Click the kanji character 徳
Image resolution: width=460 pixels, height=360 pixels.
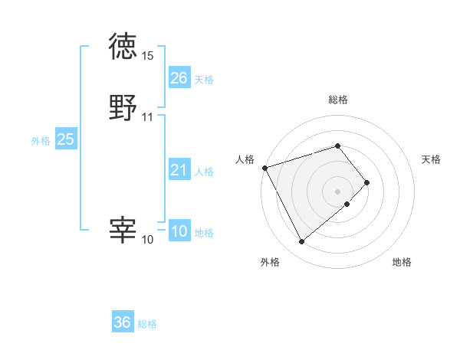123,47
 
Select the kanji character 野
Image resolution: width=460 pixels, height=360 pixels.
123,108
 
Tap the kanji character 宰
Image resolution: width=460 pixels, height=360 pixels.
123,231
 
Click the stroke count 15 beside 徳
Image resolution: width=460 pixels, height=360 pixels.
148,56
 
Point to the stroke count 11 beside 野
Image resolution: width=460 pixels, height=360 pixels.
148,117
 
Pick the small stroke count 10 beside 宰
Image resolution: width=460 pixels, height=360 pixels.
148,240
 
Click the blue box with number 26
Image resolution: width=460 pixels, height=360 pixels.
179,78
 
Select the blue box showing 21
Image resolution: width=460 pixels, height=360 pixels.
179,170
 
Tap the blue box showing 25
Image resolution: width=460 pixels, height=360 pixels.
65,139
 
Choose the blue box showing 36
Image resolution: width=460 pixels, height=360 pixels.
123,322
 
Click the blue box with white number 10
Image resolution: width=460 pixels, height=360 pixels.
179,231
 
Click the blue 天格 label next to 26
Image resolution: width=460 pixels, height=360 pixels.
204,80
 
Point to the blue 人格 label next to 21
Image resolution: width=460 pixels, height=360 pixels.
204,172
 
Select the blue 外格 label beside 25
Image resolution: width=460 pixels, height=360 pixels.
41,141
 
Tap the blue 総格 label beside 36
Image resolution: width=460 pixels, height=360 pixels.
147,324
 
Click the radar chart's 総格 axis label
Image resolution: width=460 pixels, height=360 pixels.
338,100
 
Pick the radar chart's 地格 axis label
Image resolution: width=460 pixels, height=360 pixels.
402,263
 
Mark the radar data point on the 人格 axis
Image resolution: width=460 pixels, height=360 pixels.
264,167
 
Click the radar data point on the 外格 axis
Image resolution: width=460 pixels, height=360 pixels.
301,242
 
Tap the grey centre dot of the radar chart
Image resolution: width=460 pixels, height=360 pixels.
338,191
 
